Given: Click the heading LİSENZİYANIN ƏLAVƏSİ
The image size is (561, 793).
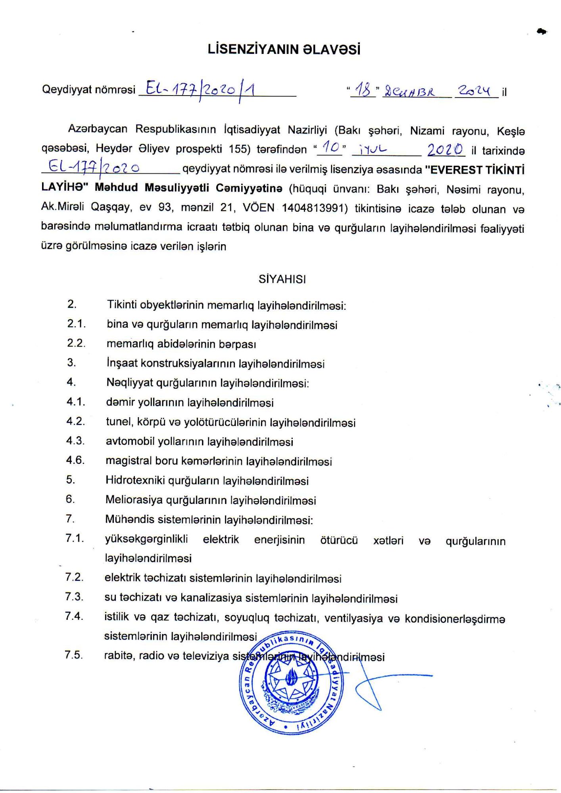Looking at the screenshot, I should coord(284,50).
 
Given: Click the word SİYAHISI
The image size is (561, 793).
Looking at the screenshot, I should coord(282,279).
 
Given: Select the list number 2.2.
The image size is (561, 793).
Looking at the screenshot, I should coord(76,343).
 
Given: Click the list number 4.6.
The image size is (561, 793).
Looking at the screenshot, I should coord(76,460).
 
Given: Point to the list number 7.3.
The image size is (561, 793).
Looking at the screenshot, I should coord(74,597).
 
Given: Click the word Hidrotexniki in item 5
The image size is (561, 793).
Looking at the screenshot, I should coord(135,481).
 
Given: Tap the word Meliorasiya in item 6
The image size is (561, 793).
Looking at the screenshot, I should coord(134,500).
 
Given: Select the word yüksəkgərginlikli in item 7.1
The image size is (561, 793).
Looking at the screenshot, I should coord(146,539).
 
